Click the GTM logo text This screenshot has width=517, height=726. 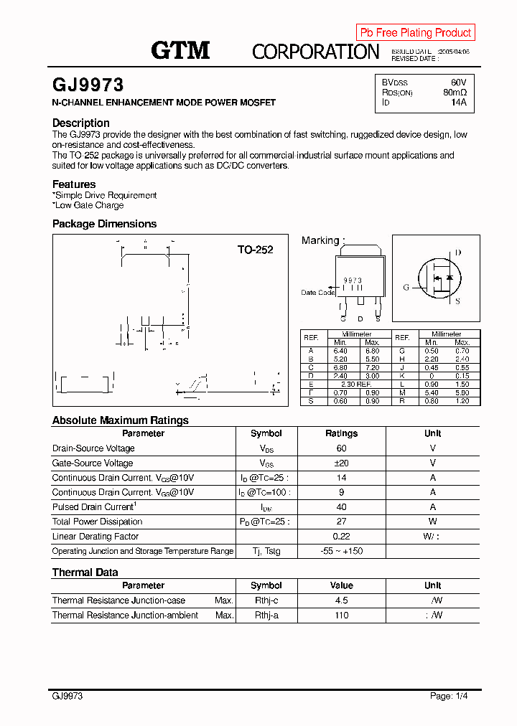click(180, 50)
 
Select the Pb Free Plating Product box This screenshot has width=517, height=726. click(415, 32)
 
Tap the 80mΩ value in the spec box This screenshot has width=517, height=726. click(455, 93)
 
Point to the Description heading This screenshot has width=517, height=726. click(81, 123)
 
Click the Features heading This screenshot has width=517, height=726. click(74, 184)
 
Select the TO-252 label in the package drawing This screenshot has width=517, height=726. click(256, 250)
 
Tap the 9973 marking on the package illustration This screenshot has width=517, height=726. click(353, 280)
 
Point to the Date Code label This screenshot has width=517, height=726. click(317, 293)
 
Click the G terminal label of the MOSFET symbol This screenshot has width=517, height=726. click(406, 288)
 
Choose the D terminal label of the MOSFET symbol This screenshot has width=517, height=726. click(458, 253)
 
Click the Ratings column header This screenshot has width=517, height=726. click(341, 433)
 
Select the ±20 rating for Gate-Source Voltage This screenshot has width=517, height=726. click(341, 463)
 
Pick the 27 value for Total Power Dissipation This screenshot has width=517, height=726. click(341, 522)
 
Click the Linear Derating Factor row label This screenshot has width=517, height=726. click(96, 537)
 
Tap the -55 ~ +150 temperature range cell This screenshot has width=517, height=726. click(341, 551)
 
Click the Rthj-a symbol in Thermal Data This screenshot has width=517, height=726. click(266, 616)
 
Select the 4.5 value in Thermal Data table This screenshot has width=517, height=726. click(341, 600)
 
